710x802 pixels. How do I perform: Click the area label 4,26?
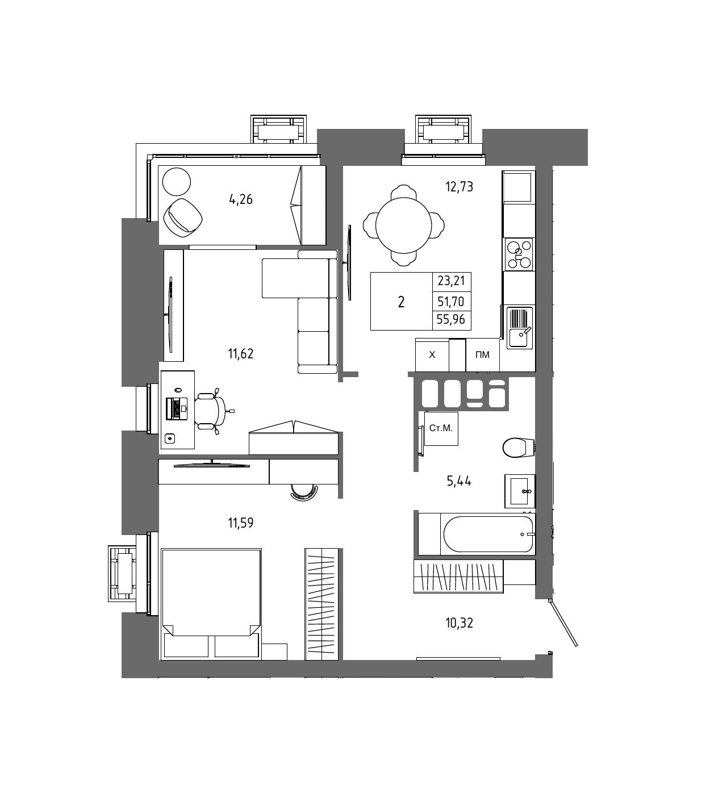[240, 199]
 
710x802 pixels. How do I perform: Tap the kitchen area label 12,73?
[459, 186]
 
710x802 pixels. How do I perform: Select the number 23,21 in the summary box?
[451, 281]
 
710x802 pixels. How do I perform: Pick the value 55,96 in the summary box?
[451, 319]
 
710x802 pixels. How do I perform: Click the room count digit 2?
[401, 302]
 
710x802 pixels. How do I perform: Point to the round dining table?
[403, 225]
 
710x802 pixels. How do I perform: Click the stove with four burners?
[519, 254]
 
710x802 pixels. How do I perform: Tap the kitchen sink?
[520, 327]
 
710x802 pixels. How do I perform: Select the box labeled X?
[432, 354]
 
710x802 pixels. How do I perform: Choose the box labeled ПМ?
[482, 354]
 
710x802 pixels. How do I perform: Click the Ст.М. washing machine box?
[441, 429]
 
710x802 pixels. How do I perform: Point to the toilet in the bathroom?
[519, 448]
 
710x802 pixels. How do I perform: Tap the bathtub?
[488, 534]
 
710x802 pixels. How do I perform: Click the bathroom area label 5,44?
[459, 481]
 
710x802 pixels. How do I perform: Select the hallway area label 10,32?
[459, 623]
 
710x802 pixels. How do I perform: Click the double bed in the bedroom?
[211, 604]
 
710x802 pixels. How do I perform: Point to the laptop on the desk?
[177, 408]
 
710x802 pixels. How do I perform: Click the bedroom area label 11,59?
[240, 523]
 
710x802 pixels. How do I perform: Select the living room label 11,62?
[240, 353]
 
